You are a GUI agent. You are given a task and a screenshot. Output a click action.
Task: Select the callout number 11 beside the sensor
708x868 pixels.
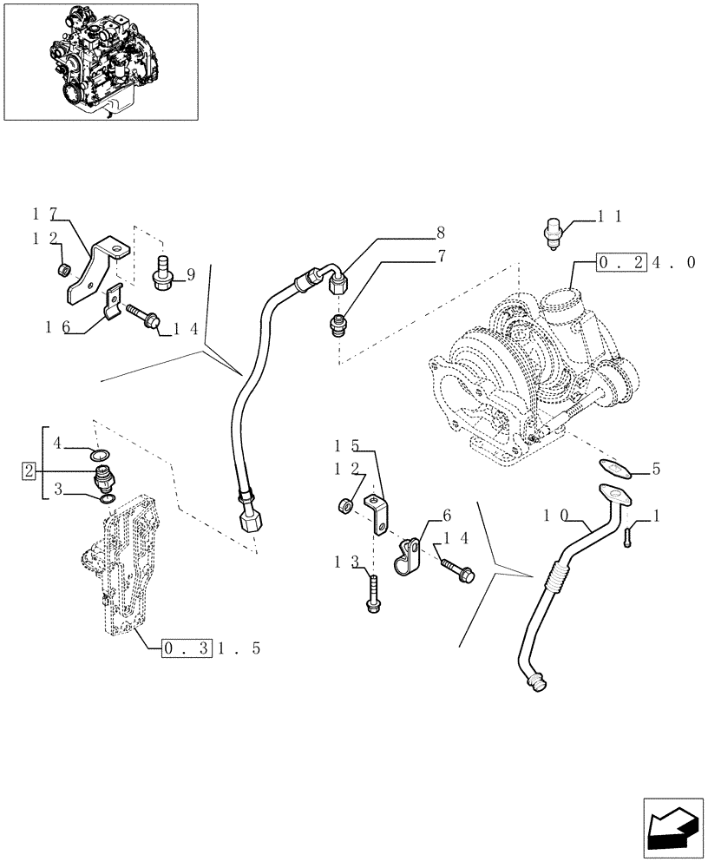(x=608, y=217)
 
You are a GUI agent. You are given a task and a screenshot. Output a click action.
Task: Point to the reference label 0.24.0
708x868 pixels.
(x=646, y=261)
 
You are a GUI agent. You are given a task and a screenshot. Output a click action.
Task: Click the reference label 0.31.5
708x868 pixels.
(x=199, y=648)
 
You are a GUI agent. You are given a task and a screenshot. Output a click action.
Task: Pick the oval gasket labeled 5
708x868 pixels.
(x=617, y=470)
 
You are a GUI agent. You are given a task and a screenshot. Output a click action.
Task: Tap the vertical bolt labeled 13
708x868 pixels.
(x=374, y=598)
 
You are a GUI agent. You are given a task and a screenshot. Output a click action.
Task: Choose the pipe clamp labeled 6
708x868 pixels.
(x=405, y=557)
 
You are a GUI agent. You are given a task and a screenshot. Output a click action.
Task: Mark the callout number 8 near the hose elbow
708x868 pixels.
(x=441, y=233)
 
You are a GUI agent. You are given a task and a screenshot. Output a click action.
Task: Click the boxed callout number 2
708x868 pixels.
(x=29, y=471)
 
